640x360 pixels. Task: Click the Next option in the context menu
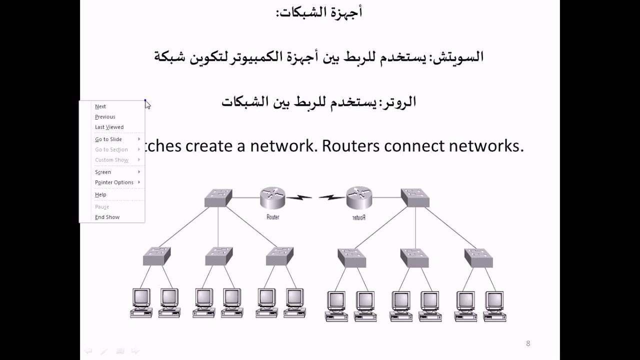click(x=100, y=106)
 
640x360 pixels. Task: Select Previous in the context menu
click(x=105, y=117)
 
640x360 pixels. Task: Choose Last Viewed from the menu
click(x=109, y=127)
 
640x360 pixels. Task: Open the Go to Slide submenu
click(x=108, y=139)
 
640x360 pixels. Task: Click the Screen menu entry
click(x=103, y=172)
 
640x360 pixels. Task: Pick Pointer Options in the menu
click(x=114, y=182)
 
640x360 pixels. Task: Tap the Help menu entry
click(x=100, y=194)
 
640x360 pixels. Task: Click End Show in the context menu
click(x=107, y=217)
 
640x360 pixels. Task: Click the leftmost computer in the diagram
click(x=141, y=302)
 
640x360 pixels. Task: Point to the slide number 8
click(x=528, y=343)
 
